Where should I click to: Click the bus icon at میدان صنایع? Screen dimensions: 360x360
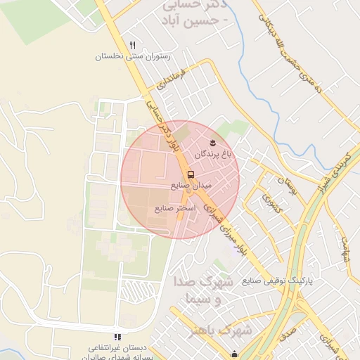191,174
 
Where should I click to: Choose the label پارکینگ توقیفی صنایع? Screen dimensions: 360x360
277,280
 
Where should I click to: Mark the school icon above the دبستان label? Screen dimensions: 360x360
117,337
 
